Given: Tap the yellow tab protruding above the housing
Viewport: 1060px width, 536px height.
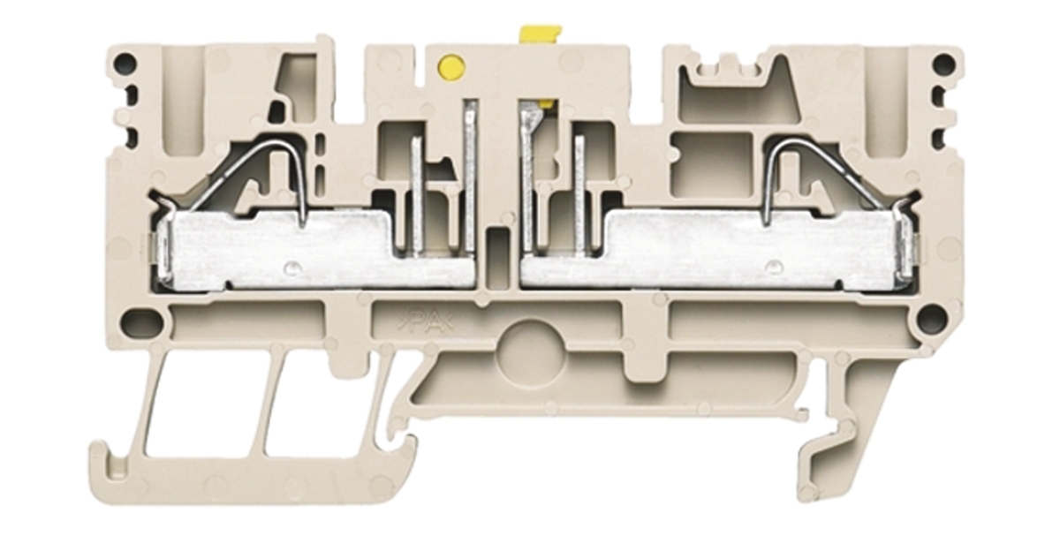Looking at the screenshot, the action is pyautogui.click(x=541, y=35).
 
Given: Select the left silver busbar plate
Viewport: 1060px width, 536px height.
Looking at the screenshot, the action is pyautogui.click(x=313, y=250).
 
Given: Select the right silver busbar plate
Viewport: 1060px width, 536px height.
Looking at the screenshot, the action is pyautogui.click(x=719, y=250).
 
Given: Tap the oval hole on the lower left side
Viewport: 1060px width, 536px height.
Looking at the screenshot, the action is pyautogui.click(x=141, y=321).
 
